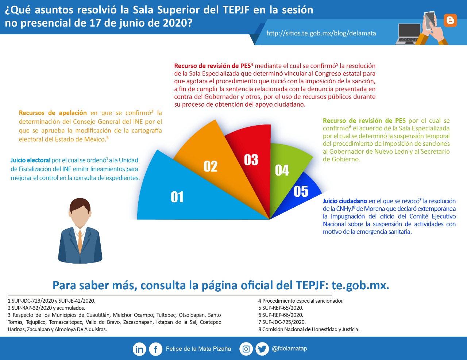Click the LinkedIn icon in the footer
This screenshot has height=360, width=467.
(x=139, y=349)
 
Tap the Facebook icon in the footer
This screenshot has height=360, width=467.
(x=155, y=349)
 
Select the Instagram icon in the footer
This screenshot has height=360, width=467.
(x=246, y=349)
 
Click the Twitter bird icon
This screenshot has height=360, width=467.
(x=262, y=349)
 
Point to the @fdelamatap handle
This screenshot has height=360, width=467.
(x=289, y=349)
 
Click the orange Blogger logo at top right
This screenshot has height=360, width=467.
(x=450, y=20)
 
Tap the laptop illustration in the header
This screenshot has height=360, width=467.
(x=409, y=34)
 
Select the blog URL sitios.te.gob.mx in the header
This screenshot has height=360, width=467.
(x=321, y=33)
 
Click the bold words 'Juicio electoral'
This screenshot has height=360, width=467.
(x=30, y=160)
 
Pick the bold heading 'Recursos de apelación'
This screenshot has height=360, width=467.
(x=53, y=113)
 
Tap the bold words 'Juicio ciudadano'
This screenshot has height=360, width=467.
(x=345, y=201)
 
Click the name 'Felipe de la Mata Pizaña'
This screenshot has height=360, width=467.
(x=198, y=349)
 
